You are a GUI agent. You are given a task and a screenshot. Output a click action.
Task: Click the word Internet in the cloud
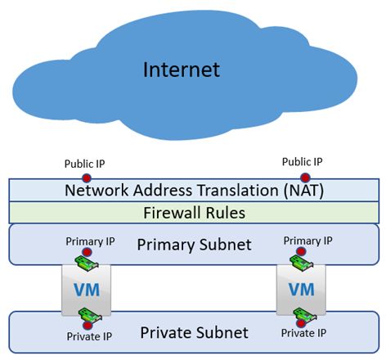(x=182, y=70)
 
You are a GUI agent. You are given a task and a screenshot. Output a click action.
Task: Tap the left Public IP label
(x=84, y=164)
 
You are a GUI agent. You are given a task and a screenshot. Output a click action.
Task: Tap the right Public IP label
(x=302, y=162)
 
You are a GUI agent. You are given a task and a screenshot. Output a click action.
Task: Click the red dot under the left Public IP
(x=87, y=178)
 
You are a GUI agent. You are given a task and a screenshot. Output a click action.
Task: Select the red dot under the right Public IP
(x=305, y=178)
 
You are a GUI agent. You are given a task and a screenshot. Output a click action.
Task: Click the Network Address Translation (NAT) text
(x=194, y=191)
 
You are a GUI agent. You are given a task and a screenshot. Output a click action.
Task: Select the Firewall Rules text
(x=194, y=213)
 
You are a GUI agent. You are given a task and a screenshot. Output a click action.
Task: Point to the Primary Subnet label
(x=194, y=245)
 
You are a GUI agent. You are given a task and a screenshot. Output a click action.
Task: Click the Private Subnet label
(x=194, y=332)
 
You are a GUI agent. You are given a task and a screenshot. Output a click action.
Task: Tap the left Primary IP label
(x=90, y=241)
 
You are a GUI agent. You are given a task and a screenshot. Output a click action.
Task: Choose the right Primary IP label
(x=307, y=241)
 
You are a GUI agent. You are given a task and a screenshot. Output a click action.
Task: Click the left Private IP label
(x=89, y=336)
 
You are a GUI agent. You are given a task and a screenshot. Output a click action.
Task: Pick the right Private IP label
(x=303, y=333)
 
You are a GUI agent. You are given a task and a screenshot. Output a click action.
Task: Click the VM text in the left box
(x=87, y=290)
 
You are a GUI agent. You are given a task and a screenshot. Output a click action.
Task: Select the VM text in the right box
(x=302, y=290)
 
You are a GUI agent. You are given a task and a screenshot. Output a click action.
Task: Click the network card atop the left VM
(x=87, y=263)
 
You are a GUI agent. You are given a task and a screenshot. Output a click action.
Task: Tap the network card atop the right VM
(x=301, y=263)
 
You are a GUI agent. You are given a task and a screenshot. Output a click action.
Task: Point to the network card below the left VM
(x=90, y=315)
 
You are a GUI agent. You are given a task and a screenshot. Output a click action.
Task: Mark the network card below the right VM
(x=305, y=315)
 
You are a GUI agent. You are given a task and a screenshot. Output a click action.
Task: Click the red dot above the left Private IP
(x=88, y=326)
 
